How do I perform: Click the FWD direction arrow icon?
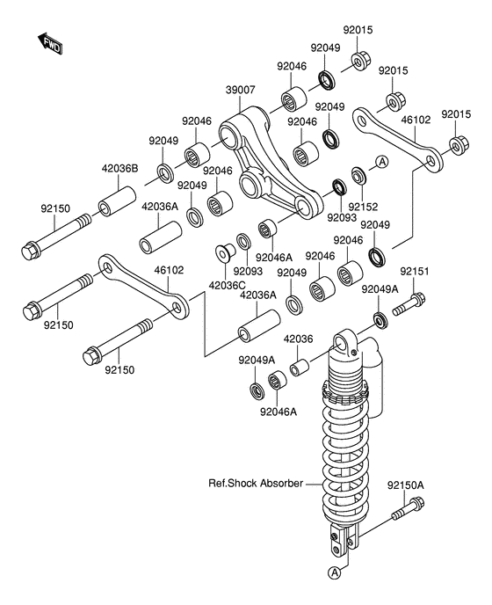pyautogui.click(x=49, y=42)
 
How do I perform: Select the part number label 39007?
pyautogui.click(x=215, y=90)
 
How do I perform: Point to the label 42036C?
pyautogui.click(x=227, y=285)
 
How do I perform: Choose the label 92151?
pyautogui.click(x=414, y=273)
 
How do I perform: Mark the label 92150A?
pyautogui.click(x=409, y=485)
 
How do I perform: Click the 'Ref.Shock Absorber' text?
pyautogui.click(x=255, y=484)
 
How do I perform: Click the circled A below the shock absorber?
pyautogui.click(x=335, y=573)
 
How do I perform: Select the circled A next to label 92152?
pyautogui.click(x=382, y=162)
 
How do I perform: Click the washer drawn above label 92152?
pyautogui.click(x=358, y=174)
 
